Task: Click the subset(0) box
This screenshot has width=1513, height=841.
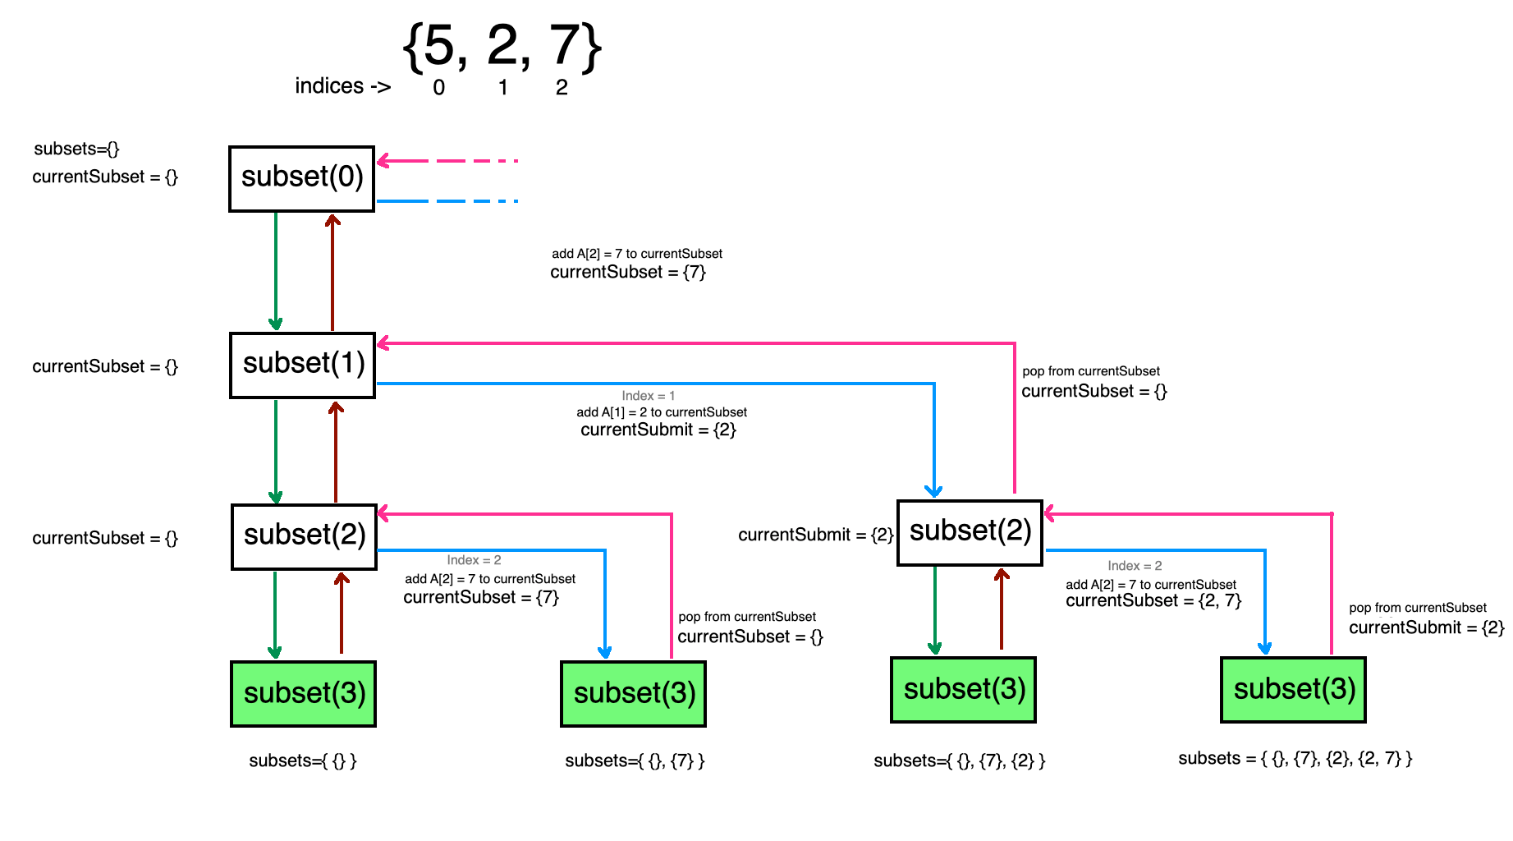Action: (x=302, y=179)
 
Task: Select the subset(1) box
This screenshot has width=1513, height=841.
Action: (x=303, y=365)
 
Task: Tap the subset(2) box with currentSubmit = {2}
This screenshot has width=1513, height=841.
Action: (x=970, y=533)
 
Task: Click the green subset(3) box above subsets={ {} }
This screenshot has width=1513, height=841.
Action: (x=304, y=694)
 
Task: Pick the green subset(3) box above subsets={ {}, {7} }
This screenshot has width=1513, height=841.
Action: (x=634, y=694)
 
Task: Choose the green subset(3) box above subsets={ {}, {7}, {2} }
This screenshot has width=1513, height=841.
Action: (x=964, y=690)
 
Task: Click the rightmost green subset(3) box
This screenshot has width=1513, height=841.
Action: (x=1294, y=690)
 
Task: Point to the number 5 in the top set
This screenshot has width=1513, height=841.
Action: (x=439, y=47)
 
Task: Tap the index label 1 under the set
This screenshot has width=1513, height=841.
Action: (x=503, y=88)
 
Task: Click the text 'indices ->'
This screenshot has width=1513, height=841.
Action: (x=342, y=86)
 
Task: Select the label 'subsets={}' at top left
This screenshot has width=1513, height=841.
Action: (x=76, y=149)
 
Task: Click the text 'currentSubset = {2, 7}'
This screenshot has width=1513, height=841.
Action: (x=1153, y=601)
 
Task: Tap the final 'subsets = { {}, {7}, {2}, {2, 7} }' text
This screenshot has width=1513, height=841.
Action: (x=1295, y=759)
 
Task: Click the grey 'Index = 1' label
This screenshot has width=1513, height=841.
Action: (x=648, y=396)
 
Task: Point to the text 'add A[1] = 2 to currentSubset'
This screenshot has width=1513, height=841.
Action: (x=662, y=412)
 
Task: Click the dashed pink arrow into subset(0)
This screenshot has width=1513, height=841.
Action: (x=447, y=161)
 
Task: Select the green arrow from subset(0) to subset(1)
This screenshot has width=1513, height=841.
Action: (x=276, y=271)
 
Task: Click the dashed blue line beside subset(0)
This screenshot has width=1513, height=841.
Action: (x=447, y=201)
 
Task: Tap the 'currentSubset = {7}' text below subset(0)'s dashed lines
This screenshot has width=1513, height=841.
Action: (x=628, y=273)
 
